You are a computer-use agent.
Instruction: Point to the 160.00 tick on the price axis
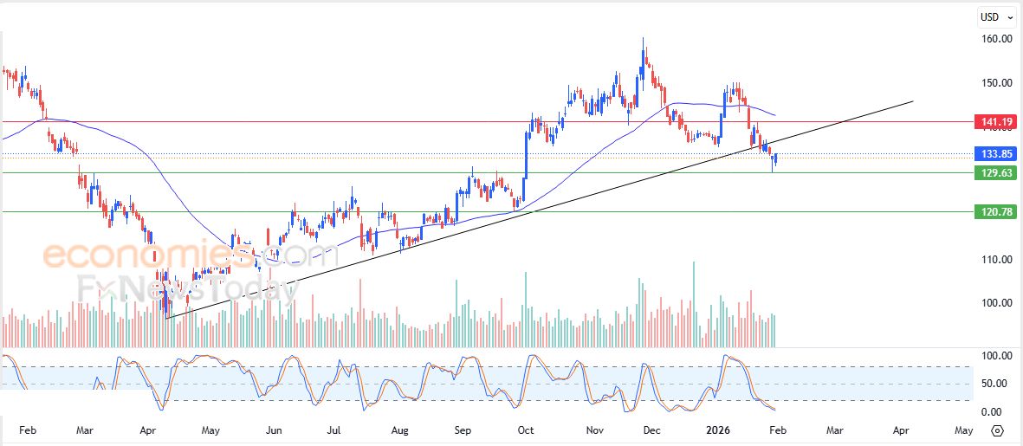point(996,39)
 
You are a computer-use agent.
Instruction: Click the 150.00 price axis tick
point(996,83)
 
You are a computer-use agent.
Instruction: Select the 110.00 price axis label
point(996,259)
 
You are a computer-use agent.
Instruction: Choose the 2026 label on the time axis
point(718,430)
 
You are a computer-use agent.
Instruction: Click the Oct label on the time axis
point(526,430)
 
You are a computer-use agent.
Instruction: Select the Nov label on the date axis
point(593,430)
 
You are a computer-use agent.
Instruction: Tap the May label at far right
point(964,430)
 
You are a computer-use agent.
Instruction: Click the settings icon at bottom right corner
point(997,430)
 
